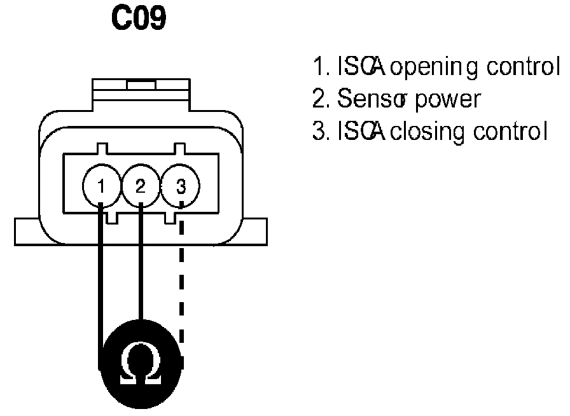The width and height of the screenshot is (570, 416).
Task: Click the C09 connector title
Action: [x=139, y=20]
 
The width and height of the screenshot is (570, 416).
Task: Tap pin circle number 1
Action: [x=101, y=186]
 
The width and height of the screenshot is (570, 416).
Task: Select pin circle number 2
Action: [x=141, y=186]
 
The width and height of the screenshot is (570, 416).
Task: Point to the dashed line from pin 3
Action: [x=181, y=280]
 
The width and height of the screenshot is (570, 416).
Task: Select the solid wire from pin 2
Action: [x=141, y=267]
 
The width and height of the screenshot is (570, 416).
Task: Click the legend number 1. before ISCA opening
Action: [x=317, y=67]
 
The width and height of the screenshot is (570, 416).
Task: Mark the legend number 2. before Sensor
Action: [x=317, y=100]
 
